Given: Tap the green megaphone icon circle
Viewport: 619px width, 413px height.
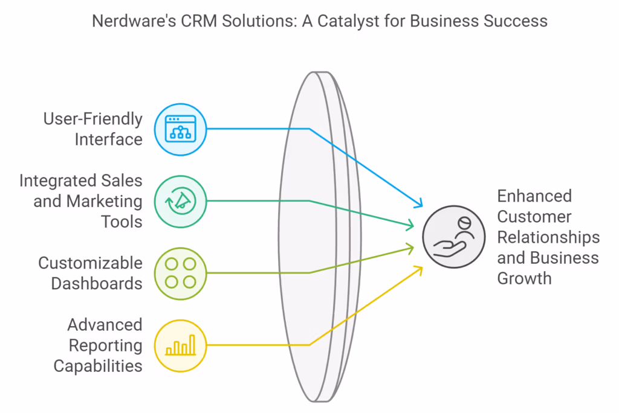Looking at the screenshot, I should [x=181, y=201].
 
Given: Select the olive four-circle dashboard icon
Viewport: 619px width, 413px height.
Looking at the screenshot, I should [x=181, y=273].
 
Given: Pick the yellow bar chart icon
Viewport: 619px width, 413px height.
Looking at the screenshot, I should [x=181, y=345].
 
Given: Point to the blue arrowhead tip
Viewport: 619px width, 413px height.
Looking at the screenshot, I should [x=421, y=206].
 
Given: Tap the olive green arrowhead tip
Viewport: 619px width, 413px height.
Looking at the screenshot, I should [x=414, y=246].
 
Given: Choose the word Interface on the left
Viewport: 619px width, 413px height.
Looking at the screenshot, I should [x=109, y=139].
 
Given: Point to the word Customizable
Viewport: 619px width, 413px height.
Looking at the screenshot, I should [x=91, y=263].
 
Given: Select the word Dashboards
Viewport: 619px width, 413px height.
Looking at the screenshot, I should [x=97, y=283].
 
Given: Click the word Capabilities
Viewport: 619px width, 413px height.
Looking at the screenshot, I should [x=98, y=365].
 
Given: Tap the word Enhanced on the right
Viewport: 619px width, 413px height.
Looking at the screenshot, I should [x=534, y=196].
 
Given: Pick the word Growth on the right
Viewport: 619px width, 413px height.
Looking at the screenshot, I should [x=524, y=278].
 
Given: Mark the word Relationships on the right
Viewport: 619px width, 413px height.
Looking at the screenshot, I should [x=548, y=237].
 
